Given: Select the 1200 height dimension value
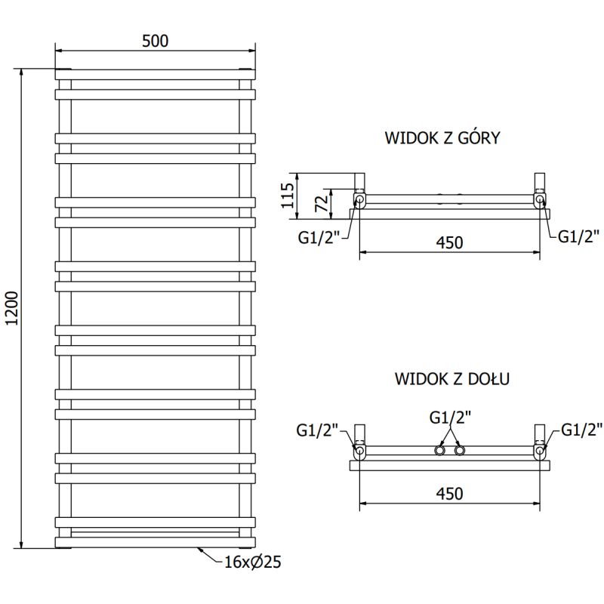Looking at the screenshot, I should (11, 308).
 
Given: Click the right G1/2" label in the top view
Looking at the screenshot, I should (579, 236).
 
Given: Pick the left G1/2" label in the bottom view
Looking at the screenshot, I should (318, 431).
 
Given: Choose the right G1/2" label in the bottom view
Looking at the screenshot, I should (581, 431).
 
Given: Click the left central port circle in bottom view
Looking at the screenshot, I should (439, 451).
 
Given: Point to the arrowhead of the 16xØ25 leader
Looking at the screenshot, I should (198, 549).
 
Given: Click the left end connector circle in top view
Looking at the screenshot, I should (360, 200).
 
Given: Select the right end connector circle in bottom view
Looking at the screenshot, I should (540, 451).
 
